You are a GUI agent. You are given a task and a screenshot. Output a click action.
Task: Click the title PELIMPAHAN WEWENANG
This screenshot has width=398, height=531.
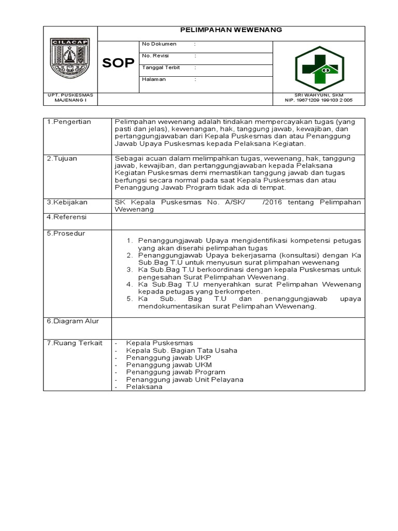231,30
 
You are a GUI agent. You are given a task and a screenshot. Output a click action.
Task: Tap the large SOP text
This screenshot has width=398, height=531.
118,63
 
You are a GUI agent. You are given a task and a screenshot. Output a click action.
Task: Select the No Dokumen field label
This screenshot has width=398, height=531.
159,44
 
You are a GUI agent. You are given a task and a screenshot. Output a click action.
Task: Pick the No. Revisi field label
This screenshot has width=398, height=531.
159,55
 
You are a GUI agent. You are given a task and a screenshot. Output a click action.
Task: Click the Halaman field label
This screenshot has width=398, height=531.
154,79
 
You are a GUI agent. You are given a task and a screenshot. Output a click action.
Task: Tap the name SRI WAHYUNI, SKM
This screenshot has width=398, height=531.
319,95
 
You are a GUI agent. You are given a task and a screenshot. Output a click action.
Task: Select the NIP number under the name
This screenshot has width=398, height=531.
319,100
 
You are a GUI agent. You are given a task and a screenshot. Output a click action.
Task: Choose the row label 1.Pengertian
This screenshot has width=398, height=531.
69,122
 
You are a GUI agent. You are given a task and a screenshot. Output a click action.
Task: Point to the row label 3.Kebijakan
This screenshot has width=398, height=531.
67,202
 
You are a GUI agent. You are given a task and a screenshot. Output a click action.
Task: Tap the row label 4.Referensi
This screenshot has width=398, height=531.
67,217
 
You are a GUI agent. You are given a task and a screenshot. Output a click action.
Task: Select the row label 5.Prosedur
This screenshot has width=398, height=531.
66,233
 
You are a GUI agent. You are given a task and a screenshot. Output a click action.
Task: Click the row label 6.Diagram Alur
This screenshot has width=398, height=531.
73,321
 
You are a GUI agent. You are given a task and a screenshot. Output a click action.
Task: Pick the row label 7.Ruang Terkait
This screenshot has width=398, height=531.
75,343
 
